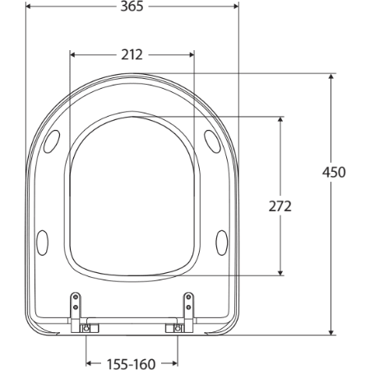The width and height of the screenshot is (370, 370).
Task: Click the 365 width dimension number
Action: [132, 7]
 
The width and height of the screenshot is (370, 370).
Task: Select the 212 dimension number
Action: [132, 55]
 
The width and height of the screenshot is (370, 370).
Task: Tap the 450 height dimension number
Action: [334, 172]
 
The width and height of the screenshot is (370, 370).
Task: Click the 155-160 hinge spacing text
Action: [132, 363]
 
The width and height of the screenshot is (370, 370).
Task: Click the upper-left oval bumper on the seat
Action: [55, 141]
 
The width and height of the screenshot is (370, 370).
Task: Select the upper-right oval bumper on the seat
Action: [210, 140]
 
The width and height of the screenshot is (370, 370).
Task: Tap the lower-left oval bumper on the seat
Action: [43, 241]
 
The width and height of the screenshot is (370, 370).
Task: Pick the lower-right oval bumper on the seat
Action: [221, 241]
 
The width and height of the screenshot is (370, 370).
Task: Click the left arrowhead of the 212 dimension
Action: [73, 55]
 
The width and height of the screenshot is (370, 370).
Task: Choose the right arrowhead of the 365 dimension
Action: [234, 7]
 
